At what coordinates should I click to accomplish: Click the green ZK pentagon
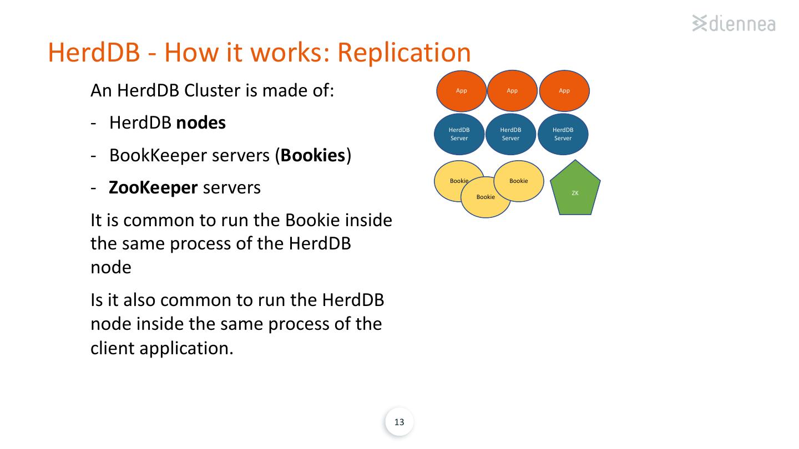575,189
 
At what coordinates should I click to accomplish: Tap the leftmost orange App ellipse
461,91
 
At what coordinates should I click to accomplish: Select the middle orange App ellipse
512,91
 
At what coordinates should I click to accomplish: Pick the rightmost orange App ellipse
564,91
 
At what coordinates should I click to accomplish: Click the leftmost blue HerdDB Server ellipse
459,134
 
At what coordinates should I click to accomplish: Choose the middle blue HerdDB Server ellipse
510,134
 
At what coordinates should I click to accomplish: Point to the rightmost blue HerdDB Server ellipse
563,134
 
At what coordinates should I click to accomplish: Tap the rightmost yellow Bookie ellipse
519,181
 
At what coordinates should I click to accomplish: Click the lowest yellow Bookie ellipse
486,197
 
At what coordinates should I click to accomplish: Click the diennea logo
734,23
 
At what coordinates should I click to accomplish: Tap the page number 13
399,422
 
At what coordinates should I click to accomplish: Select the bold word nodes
201,123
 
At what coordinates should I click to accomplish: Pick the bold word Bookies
313,155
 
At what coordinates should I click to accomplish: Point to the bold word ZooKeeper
153,188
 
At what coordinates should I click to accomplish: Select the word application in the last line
186,349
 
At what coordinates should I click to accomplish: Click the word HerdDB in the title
94,53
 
